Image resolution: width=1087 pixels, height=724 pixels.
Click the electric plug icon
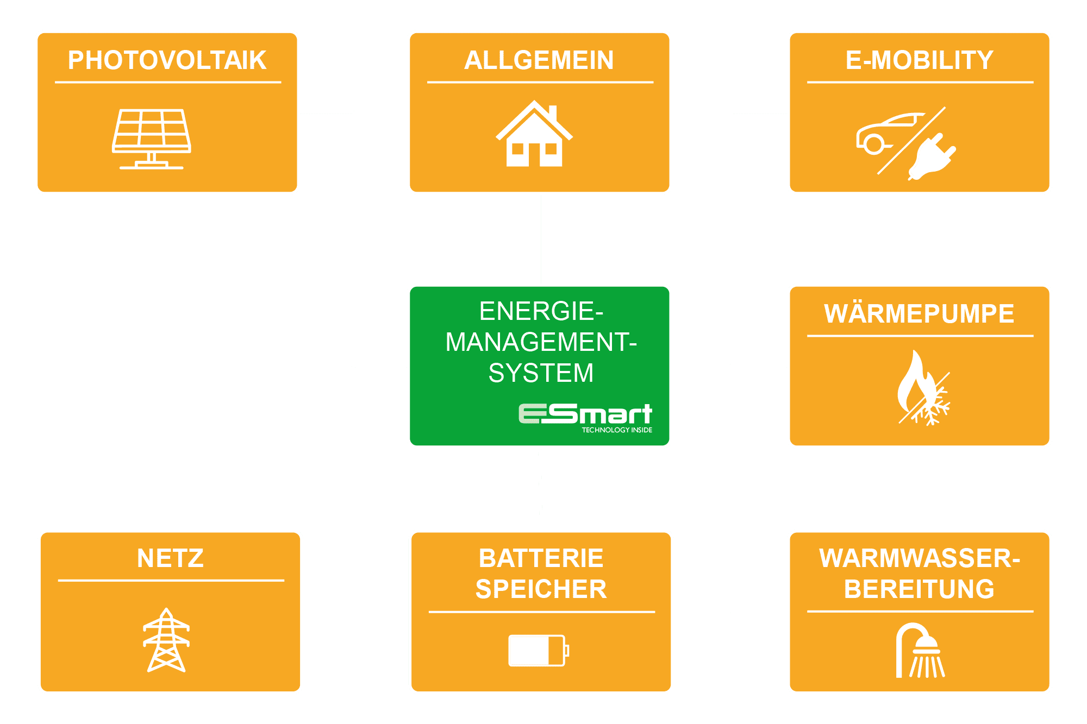[x=932, y=158]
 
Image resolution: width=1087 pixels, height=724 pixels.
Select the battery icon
[x=538, y=650]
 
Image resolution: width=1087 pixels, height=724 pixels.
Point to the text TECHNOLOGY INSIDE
[x=617, y=430]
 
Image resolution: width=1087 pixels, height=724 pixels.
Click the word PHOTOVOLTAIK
[x=167, y=60]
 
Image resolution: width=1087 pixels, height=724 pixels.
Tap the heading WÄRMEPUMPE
[x=919, y=314]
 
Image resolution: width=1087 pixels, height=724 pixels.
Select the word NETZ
[x=170, y=558]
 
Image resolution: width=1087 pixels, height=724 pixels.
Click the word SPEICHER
[x=541, y=589]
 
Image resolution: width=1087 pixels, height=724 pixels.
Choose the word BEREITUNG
[x=919, y=589]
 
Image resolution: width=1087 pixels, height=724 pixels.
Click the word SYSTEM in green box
[x=541, y=373]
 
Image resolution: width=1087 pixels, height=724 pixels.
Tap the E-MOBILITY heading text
[x=919, y=60]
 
